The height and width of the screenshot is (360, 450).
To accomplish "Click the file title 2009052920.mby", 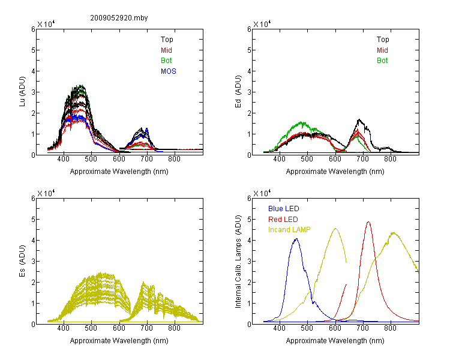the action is click(119, 18).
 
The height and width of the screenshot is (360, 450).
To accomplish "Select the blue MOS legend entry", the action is click(169, 71).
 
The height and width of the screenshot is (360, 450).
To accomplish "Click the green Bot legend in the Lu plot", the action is click(166, 61).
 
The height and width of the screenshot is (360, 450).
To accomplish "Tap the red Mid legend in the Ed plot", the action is click(382, 50).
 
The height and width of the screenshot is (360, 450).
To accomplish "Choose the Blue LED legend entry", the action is click(284, 209).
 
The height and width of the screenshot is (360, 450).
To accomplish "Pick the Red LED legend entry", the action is click(283, 220).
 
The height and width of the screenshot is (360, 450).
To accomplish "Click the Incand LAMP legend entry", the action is click(289, 230).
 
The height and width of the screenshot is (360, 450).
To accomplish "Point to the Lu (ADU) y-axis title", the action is click(22, 92).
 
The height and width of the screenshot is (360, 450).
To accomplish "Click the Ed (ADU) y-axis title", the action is click(238, 92).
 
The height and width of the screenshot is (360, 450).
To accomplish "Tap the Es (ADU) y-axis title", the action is click(22, 261).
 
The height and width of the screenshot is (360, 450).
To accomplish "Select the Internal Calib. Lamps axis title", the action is click(238, 262).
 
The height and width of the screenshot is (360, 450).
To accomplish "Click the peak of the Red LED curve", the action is click(368, 222).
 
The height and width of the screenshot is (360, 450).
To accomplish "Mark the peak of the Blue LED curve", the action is click(297, 239).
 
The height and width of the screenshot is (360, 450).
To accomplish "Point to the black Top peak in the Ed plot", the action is click(359, 119).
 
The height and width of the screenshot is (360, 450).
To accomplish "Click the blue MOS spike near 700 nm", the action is click(147, 128).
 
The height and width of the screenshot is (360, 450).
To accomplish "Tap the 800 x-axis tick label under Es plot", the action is click(174, 328).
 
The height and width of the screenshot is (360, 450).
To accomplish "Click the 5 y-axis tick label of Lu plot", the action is click(33, 50).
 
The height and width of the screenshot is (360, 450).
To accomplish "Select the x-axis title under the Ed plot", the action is click(335, 172).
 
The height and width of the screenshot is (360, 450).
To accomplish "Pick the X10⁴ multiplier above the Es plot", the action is click(46, 193).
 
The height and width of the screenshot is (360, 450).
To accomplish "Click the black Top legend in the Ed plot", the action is click(383, 40).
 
